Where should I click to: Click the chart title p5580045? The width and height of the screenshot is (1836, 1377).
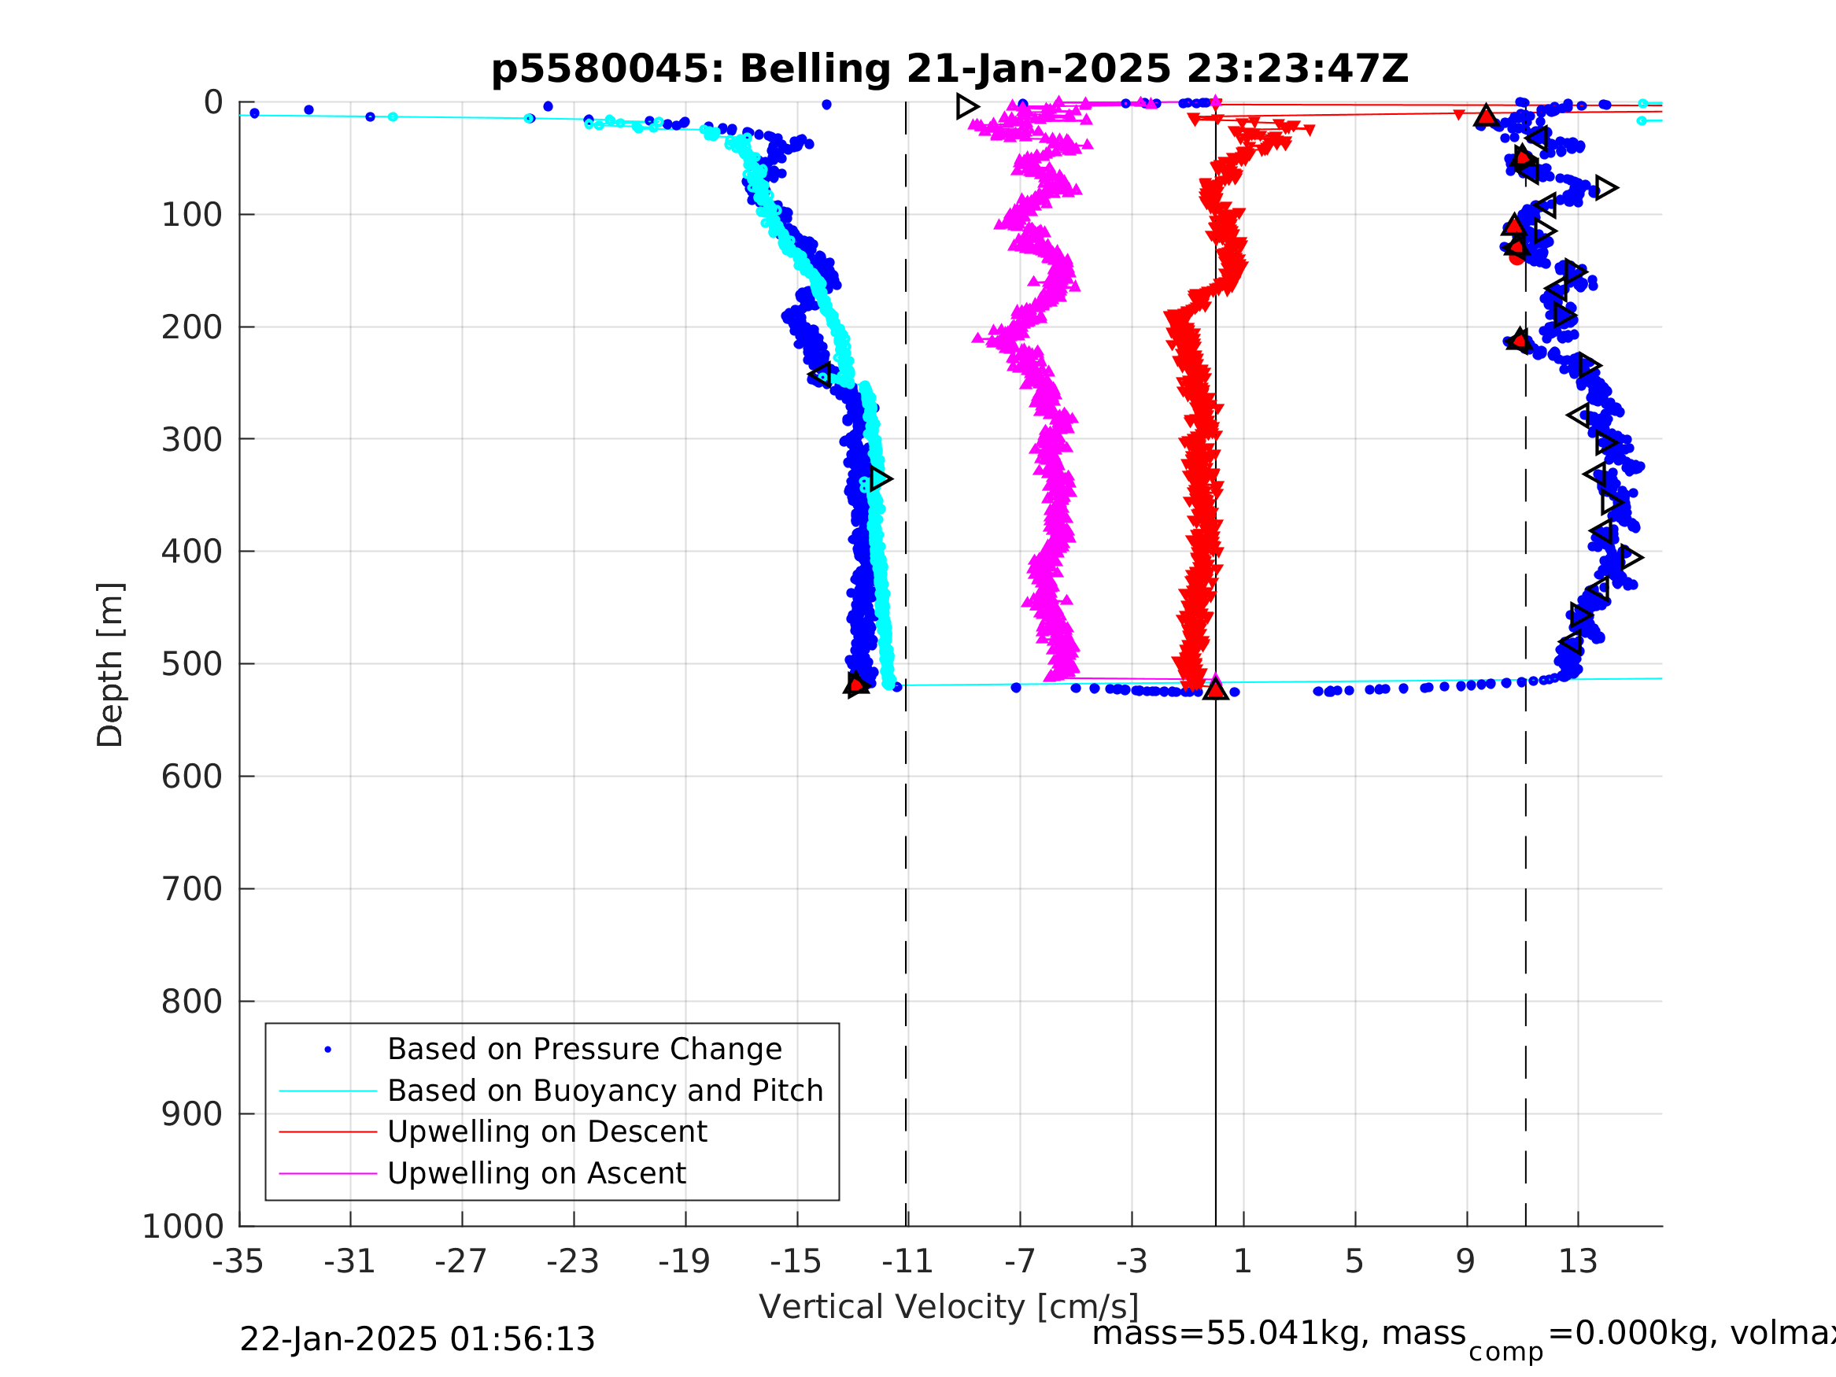949,69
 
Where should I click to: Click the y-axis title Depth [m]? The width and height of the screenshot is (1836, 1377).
110,665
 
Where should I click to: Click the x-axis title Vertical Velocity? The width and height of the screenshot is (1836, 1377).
949,1307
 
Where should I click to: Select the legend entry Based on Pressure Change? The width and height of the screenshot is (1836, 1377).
585,1050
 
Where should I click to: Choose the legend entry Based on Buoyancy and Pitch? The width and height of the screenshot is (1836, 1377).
605,1091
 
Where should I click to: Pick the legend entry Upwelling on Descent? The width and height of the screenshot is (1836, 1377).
547,1132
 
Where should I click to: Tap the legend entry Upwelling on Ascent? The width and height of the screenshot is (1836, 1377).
536,1174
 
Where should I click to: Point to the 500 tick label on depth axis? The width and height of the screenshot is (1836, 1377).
192,665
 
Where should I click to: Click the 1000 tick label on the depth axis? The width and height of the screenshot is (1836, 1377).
183,1227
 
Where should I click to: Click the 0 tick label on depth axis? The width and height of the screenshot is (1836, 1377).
213,103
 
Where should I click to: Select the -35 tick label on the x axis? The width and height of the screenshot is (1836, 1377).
238,1261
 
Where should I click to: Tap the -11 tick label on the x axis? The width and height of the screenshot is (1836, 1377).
907,1261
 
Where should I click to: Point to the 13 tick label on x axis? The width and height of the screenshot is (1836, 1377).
1578,1261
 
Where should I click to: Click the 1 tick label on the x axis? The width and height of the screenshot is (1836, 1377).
1243,1261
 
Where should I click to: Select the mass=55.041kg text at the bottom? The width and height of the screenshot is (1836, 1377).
1278,1334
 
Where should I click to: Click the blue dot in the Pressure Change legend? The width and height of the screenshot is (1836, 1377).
328,1050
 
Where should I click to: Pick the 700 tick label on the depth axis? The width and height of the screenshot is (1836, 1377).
192,890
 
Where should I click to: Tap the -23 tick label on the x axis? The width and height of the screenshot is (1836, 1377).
573,1261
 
